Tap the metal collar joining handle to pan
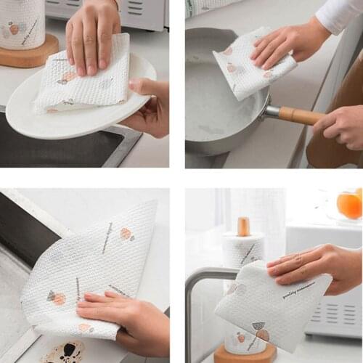coord(271,111)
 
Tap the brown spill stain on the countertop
coord(73,353)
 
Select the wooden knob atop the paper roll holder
coord(243,226)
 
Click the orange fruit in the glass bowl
coord(350,205)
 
